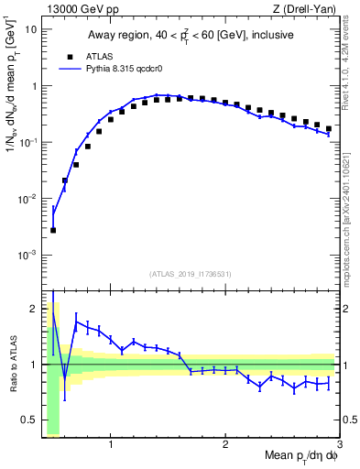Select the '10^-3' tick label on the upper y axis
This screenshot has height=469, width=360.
(27, 255)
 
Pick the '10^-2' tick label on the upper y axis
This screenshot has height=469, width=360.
(27, 199)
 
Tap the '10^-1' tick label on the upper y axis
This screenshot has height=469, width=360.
(27, 143)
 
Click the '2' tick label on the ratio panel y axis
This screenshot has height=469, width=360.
(32, 308)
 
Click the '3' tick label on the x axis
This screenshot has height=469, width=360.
(338, 446)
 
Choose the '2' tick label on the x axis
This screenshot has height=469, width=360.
(225, 446)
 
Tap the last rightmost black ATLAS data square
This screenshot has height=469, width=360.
(329, 129)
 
